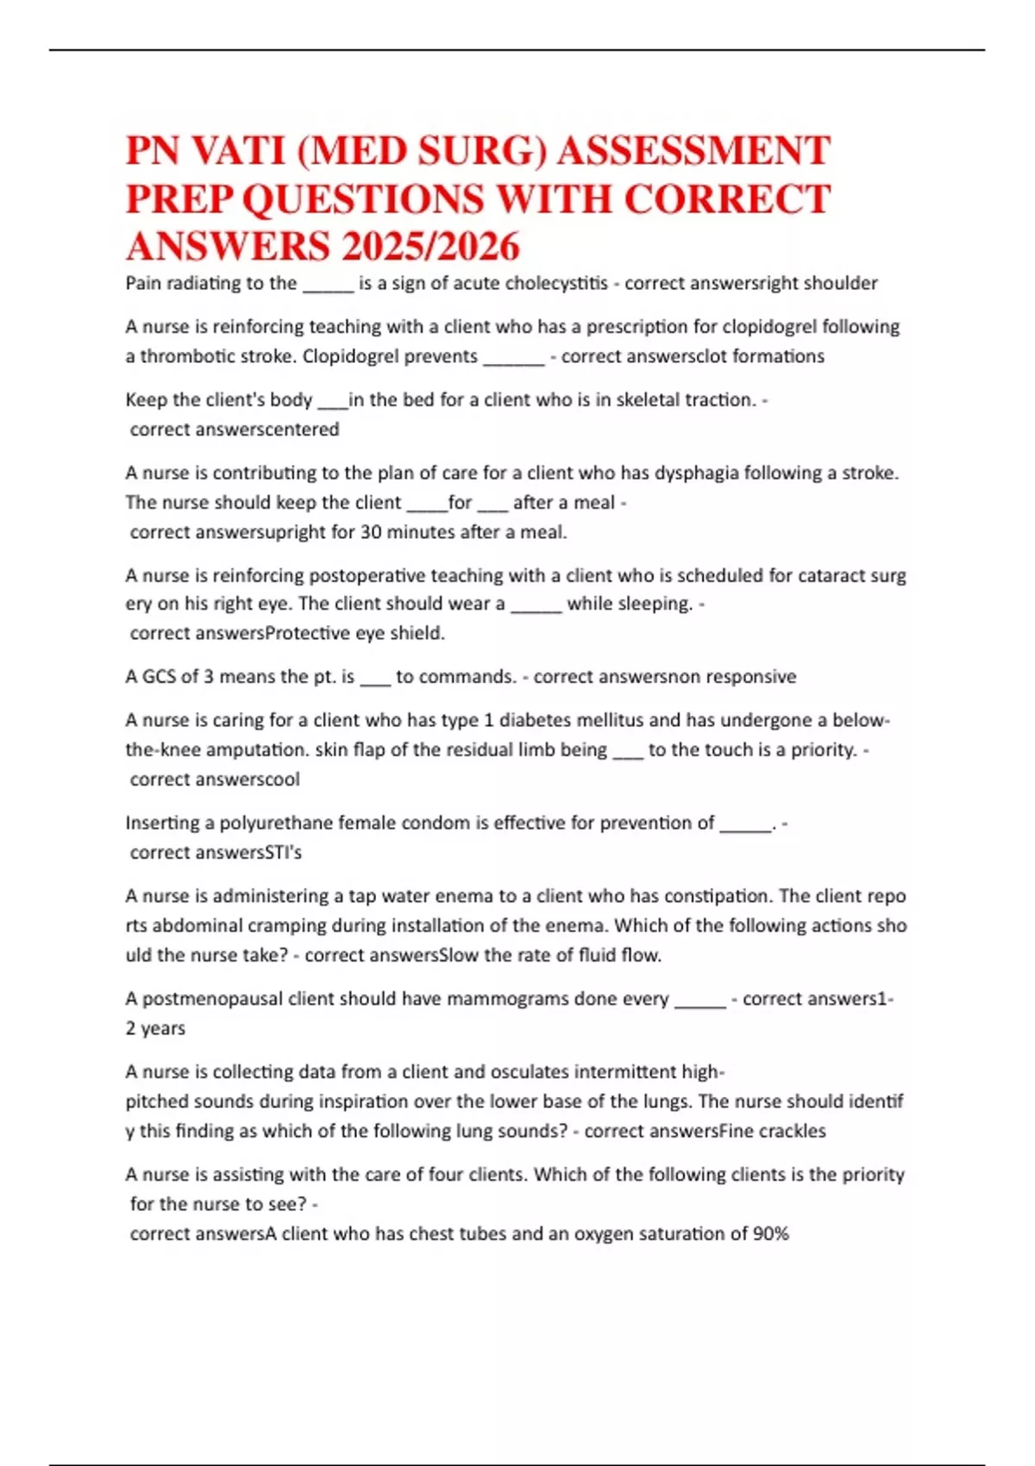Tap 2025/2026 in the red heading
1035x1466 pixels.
click(430, 247)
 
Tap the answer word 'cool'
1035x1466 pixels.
click(283, 779)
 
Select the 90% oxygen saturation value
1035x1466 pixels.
click(771, 1233)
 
